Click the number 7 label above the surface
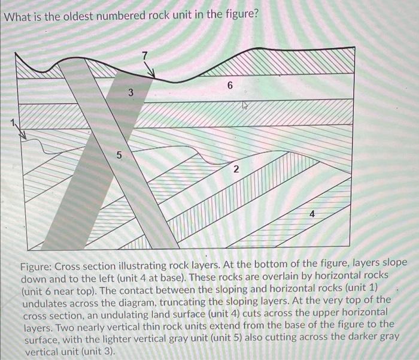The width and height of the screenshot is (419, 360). tap(144, 56)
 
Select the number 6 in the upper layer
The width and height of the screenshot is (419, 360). tap(230, 86)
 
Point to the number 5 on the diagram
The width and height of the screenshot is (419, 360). tap(118, 156)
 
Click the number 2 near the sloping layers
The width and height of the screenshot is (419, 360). tap(236, 170)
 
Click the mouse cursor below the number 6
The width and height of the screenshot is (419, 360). tap(244, 106)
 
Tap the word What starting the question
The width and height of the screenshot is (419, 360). tap(17, 14)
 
